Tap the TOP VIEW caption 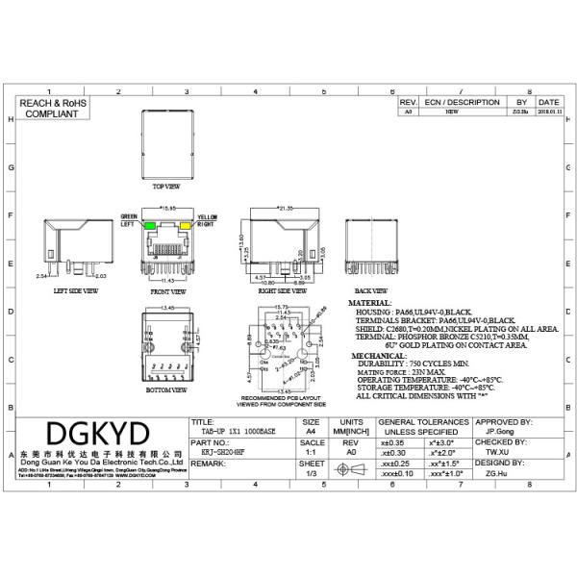165,186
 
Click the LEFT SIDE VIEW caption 74,289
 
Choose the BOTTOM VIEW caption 165,391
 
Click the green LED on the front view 150,227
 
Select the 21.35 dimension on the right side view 285,208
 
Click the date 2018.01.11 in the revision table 549,112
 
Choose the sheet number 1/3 311,473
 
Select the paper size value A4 311,432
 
